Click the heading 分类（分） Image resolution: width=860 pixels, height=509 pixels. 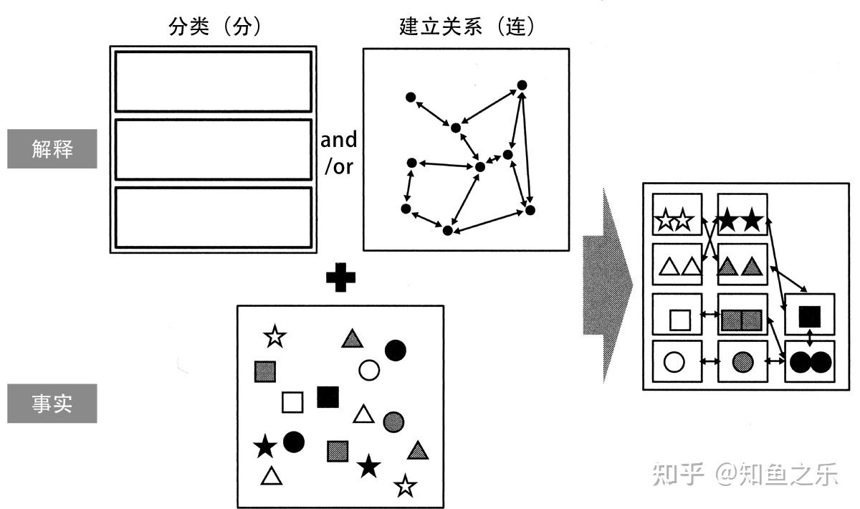pyautogui.click(x=214, y=27)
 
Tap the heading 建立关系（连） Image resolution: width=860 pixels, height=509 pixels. pyautogui.click(x=467, y=27)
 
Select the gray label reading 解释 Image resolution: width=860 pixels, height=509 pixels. pyautogui.click(x=52, y=148)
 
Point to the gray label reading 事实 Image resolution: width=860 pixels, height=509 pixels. pyautogui.click(x=52, y=404)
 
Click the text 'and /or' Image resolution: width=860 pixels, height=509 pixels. pyautogui.click(x=338, y=153)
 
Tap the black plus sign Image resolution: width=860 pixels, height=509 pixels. pyautogui.click(x=341, y=278)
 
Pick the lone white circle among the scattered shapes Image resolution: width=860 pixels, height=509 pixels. pyautogui.click(x=368, y=370)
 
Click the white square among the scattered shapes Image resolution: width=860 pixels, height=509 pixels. pyautogui.click(x=292, y=402)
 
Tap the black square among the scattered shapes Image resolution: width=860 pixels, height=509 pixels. pyautogui.click(x=328, y=396)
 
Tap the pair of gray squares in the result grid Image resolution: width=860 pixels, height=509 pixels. pyautogui.click(x=741, y=320)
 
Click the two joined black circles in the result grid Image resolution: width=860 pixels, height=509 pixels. pyautogui.click(x=810, y=363)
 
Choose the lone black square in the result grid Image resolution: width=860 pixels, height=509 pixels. pyautogui.click(x=810, y=315)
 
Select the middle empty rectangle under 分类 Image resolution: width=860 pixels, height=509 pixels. pyautogui.click(x=214, y=149)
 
